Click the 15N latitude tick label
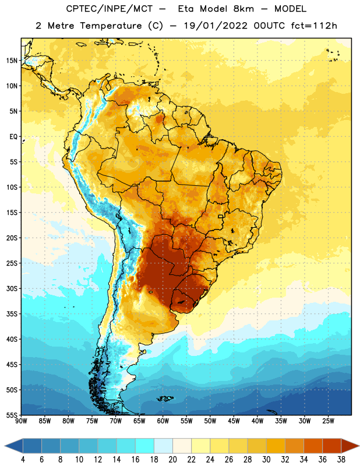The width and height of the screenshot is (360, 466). click(12, 61)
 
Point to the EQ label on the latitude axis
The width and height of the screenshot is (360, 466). click(13, 137)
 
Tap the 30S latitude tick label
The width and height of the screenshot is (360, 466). click(12, 288)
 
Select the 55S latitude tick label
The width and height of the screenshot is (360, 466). click(12, 415)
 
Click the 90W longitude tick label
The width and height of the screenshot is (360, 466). click(21, 421)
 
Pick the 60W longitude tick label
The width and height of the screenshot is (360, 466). click(163, 421)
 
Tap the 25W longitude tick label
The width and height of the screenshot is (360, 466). click(328, 421)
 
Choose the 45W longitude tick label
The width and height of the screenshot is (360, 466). click(234, 421)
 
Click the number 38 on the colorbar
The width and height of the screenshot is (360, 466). click(341, 460)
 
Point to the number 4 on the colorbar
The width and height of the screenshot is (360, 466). click(23, 460)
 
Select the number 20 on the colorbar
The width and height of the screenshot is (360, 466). click(172, 460)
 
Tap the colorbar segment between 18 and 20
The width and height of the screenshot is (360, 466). click(163, 446)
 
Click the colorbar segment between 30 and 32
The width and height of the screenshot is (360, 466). click(276, 446)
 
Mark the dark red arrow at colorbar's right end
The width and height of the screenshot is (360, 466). click(350, 446)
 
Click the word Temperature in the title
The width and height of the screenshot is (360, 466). click(111, 26)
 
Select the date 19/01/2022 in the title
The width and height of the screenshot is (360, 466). click(216, 26)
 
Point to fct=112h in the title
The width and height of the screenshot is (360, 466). click(314, 26)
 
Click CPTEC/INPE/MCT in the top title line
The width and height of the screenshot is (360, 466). click(109, 9)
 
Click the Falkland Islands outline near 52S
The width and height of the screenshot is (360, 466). click(165, 398)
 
